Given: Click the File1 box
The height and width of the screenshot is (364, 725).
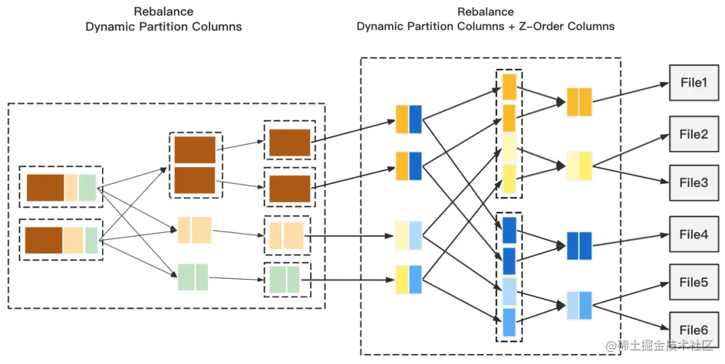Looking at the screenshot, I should point(693,83).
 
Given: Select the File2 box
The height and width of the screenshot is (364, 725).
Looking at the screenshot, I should point(693,134).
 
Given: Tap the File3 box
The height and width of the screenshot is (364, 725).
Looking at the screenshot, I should point(693,182).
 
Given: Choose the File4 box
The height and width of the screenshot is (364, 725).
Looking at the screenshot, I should point(693,235).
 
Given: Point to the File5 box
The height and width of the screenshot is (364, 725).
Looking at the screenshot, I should point(693,282).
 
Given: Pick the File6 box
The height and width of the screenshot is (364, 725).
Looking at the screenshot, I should point(693,330).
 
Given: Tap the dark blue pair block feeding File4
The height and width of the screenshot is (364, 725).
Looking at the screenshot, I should point(579,245).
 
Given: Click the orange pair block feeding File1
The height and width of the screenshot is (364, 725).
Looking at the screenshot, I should point(579,101).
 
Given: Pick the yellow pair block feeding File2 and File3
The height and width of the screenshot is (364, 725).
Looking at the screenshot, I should point(579,165).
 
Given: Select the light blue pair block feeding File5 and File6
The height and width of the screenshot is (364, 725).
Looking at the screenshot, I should point(579,306).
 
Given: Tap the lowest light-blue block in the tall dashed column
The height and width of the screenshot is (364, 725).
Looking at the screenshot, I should point(509,322).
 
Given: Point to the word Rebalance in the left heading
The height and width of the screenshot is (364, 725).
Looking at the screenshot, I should point(163,12).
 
